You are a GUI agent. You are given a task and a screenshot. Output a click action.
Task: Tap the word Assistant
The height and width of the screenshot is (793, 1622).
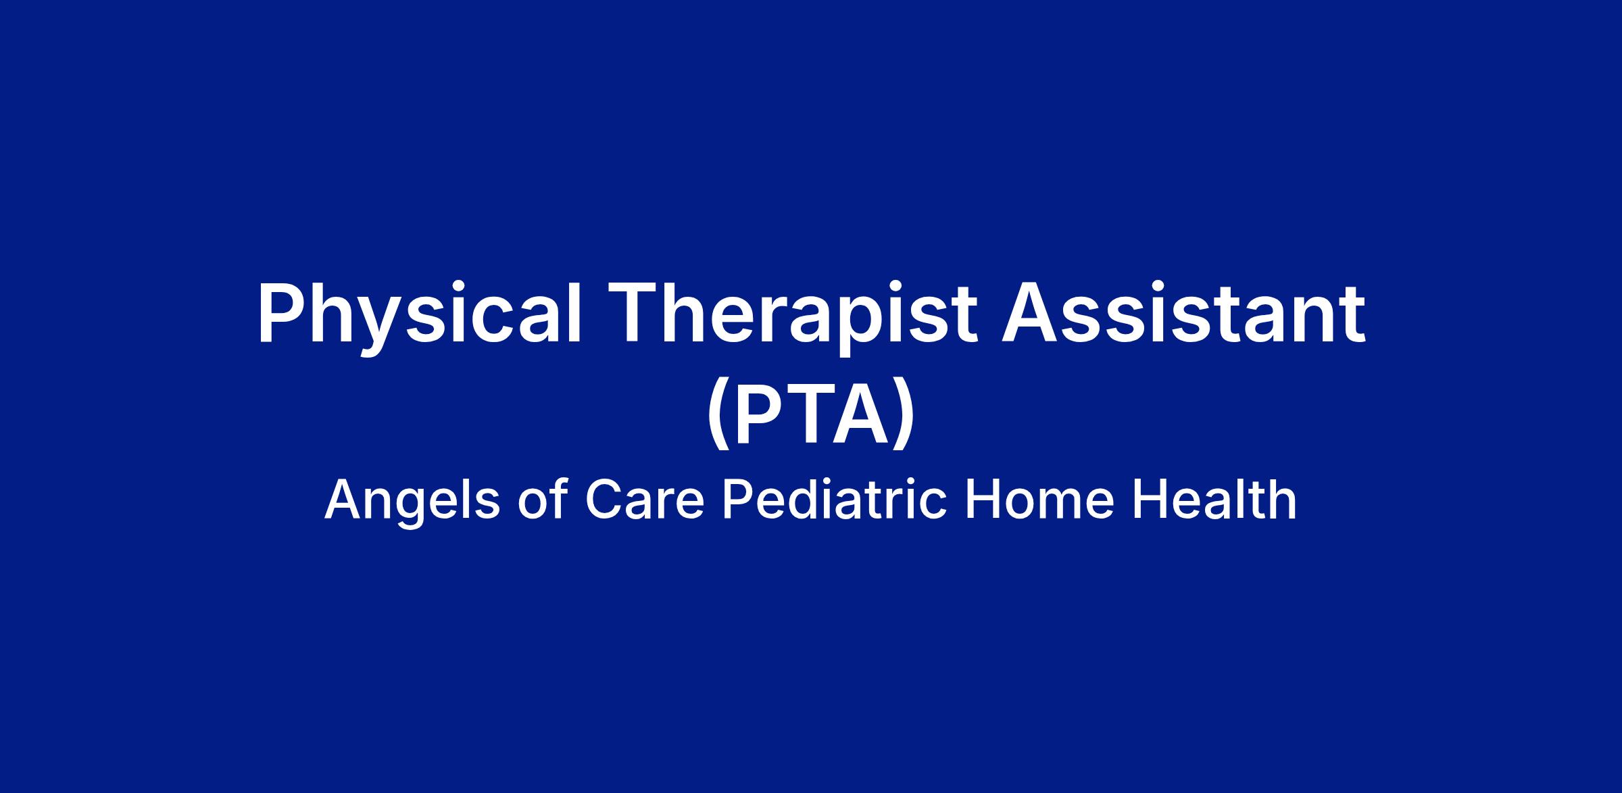coord(1183,315)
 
